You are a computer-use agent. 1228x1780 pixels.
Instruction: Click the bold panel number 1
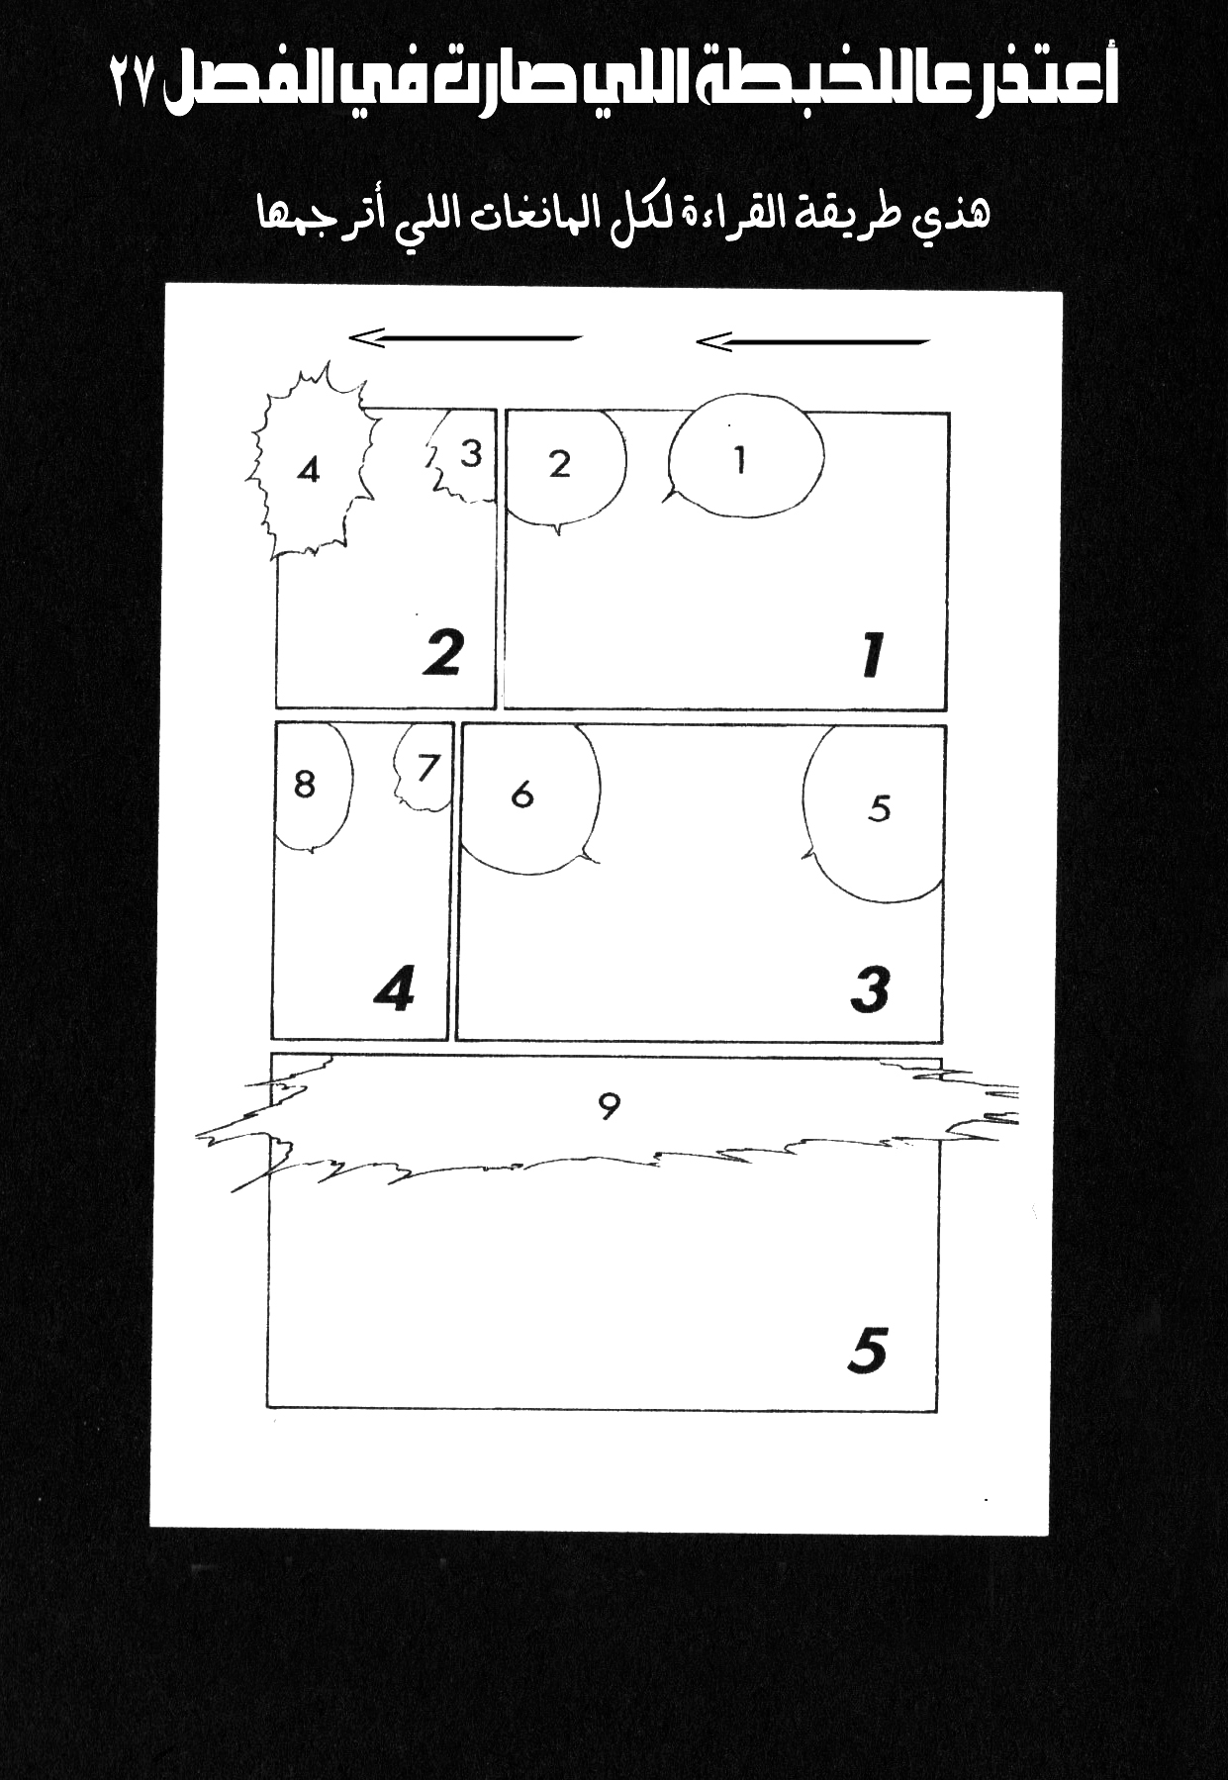tap(872, 656)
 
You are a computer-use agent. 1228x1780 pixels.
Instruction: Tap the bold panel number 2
tap(442, 652)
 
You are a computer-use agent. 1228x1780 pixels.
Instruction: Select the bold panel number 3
tap(871, 990)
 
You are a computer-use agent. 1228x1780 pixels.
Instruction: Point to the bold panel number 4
tap(395, 989)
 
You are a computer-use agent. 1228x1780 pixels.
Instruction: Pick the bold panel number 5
tap(868, 1351)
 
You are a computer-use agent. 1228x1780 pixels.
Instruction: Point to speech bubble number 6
tap(529, 798)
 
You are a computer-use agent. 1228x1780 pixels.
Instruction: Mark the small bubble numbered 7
tap(424, 768)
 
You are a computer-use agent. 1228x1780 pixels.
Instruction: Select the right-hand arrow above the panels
tap(812, 342)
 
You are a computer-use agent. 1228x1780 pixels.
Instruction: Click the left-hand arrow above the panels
tap(465, 339)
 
